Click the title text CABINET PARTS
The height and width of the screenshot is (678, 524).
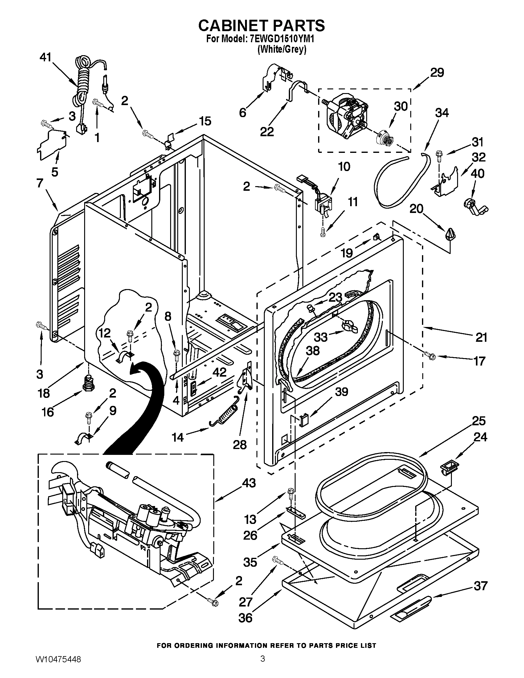(x=261, y=26)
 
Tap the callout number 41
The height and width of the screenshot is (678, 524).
(x=46, y=57)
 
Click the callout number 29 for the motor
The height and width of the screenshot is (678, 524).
(x=437, y=73)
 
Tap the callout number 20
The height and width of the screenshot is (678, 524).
(x=416, y=209)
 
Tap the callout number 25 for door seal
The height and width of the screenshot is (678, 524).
(x=479, y=421)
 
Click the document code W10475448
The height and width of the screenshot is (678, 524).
(x=57, y=666)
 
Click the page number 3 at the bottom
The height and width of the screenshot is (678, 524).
(x=263, y=665)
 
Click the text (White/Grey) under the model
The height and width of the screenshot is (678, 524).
(x=282, y=50)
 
